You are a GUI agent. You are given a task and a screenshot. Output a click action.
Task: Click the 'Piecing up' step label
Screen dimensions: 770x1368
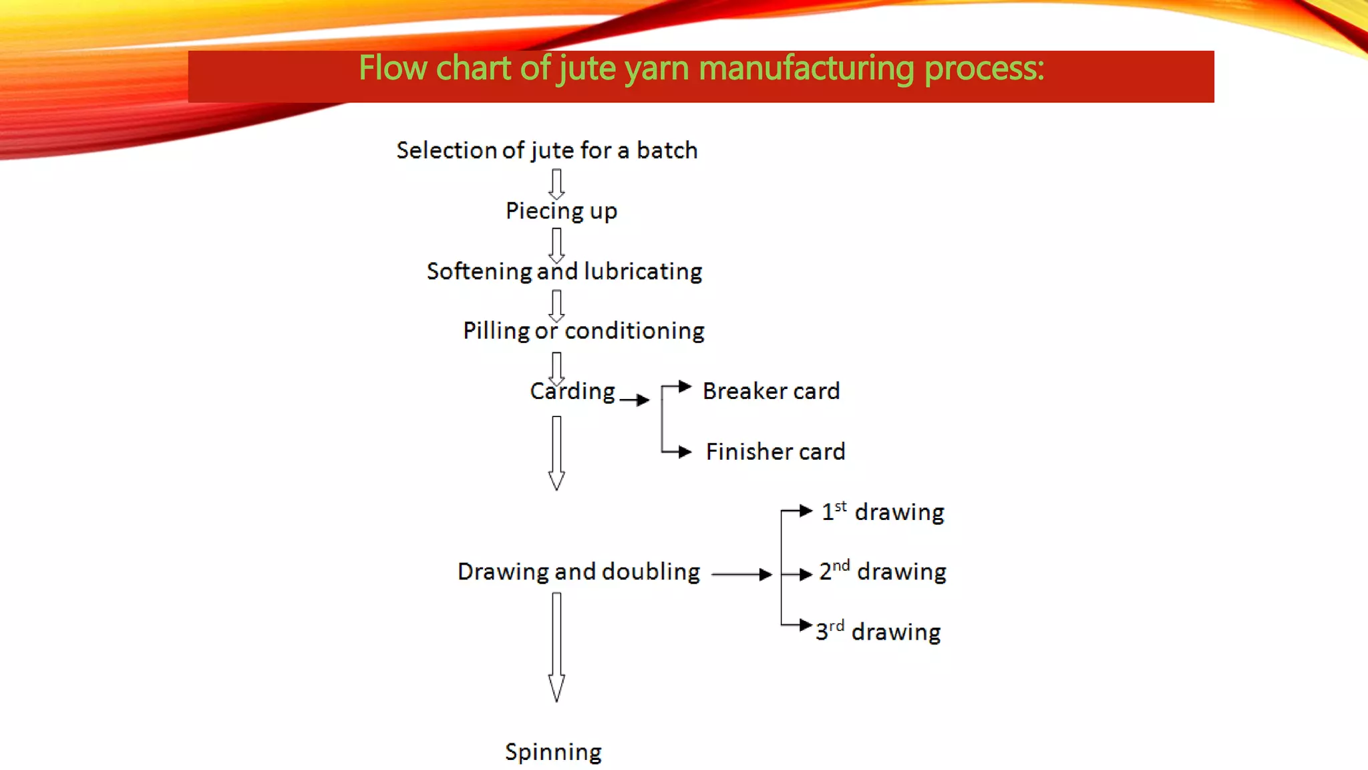click(x=561, y=211)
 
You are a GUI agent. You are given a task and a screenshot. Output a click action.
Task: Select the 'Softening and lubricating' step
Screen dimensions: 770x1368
click(x=564, y=271)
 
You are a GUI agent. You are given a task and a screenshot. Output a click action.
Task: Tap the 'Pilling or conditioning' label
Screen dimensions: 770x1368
click(x=583, y=331)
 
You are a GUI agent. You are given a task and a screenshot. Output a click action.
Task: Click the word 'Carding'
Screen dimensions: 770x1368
click(x=572, y=391)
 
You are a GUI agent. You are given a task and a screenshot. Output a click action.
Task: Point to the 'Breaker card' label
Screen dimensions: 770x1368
click(x=771, y=391)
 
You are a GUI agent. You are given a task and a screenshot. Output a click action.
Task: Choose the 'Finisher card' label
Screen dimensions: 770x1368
click(x=776, y=452)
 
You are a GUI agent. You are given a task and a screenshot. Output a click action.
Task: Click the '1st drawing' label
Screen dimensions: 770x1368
click(x=882, y=512)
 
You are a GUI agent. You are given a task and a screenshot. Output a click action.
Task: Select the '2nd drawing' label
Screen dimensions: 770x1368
click(x=882, y=571)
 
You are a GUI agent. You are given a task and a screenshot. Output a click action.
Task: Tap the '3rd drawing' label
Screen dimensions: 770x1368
click(x=878, y=632)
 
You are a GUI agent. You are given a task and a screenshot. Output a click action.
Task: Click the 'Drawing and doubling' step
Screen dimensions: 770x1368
click(x=578, y=572)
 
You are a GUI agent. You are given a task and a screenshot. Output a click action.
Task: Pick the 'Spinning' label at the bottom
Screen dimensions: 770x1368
click(x=553, y=752)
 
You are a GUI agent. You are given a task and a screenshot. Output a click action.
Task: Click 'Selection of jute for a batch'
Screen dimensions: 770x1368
click(x=547, y=150)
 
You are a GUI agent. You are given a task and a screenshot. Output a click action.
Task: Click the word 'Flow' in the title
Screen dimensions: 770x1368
click(x=393, y=68)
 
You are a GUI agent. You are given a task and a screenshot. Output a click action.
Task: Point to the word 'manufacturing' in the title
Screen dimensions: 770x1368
click(x=806, y=68)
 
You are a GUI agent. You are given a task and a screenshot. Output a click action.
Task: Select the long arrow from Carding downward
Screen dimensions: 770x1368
click(x=556, y=453)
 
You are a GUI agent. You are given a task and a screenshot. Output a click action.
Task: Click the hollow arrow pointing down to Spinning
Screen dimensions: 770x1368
click(x=556, y=646)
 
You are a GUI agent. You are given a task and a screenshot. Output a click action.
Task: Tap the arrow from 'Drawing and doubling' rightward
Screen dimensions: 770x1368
click(x=741, y=574)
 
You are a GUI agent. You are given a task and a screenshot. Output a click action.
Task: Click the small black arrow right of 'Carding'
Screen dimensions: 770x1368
click(x=635, y=400)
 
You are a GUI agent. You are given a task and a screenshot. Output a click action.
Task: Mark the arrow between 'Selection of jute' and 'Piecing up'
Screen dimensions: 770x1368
click(x=556, y=183)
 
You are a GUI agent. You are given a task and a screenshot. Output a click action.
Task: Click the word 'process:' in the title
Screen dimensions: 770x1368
click(x=984, y=68)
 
